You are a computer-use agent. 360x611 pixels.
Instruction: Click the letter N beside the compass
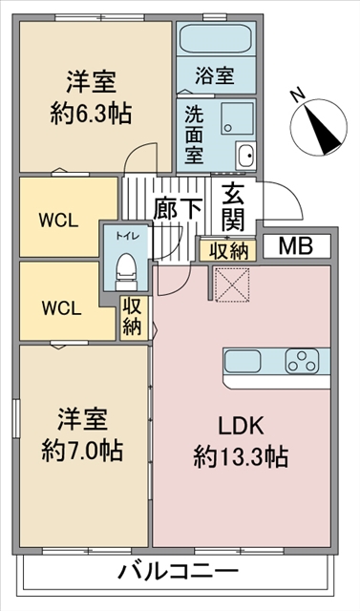point(297,95)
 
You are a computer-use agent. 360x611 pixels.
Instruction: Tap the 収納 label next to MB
point(225,251)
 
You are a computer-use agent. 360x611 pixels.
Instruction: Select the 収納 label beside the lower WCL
point(132,318)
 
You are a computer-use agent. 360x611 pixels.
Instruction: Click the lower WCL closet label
point(60,307)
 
